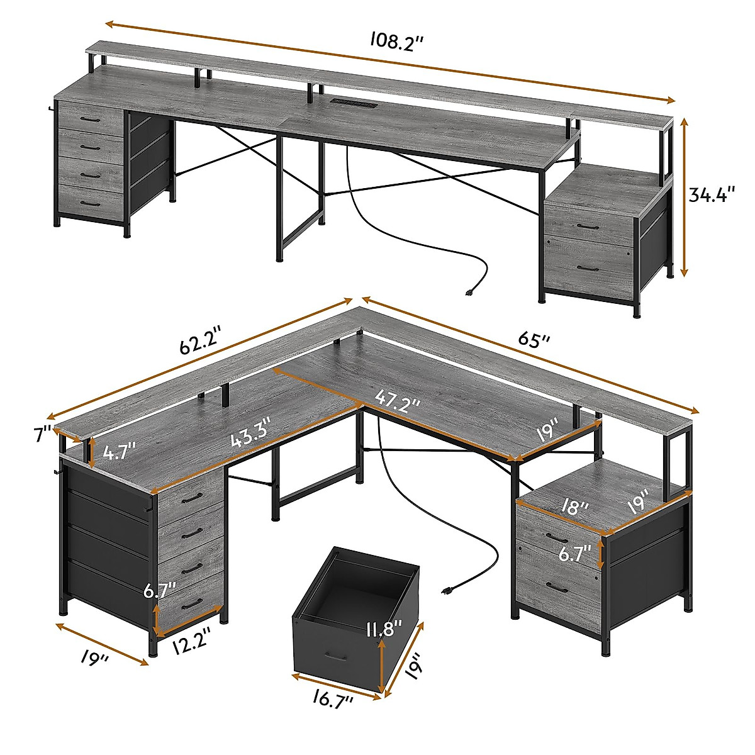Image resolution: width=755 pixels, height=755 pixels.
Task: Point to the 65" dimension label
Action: pos(535,340)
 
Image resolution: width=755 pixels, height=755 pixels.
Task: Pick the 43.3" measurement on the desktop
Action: pos(250,435)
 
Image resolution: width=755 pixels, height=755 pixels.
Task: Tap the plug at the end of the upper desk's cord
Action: pos(469,292)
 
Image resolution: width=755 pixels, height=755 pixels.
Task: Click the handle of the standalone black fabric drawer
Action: pos(333,657)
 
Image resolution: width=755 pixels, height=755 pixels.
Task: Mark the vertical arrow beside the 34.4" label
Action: pos(685,196)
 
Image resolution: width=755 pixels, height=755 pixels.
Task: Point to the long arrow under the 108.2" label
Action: pos(390,62)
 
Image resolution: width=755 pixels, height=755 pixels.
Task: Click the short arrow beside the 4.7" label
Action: pos(92,453)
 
